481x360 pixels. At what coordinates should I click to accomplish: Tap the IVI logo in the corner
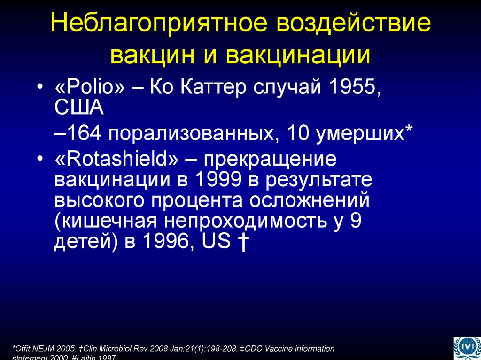coord(465,348)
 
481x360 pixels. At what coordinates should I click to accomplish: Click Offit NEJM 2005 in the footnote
coord(45,349)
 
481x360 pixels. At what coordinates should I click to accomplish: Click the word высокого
coord(99,201)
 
